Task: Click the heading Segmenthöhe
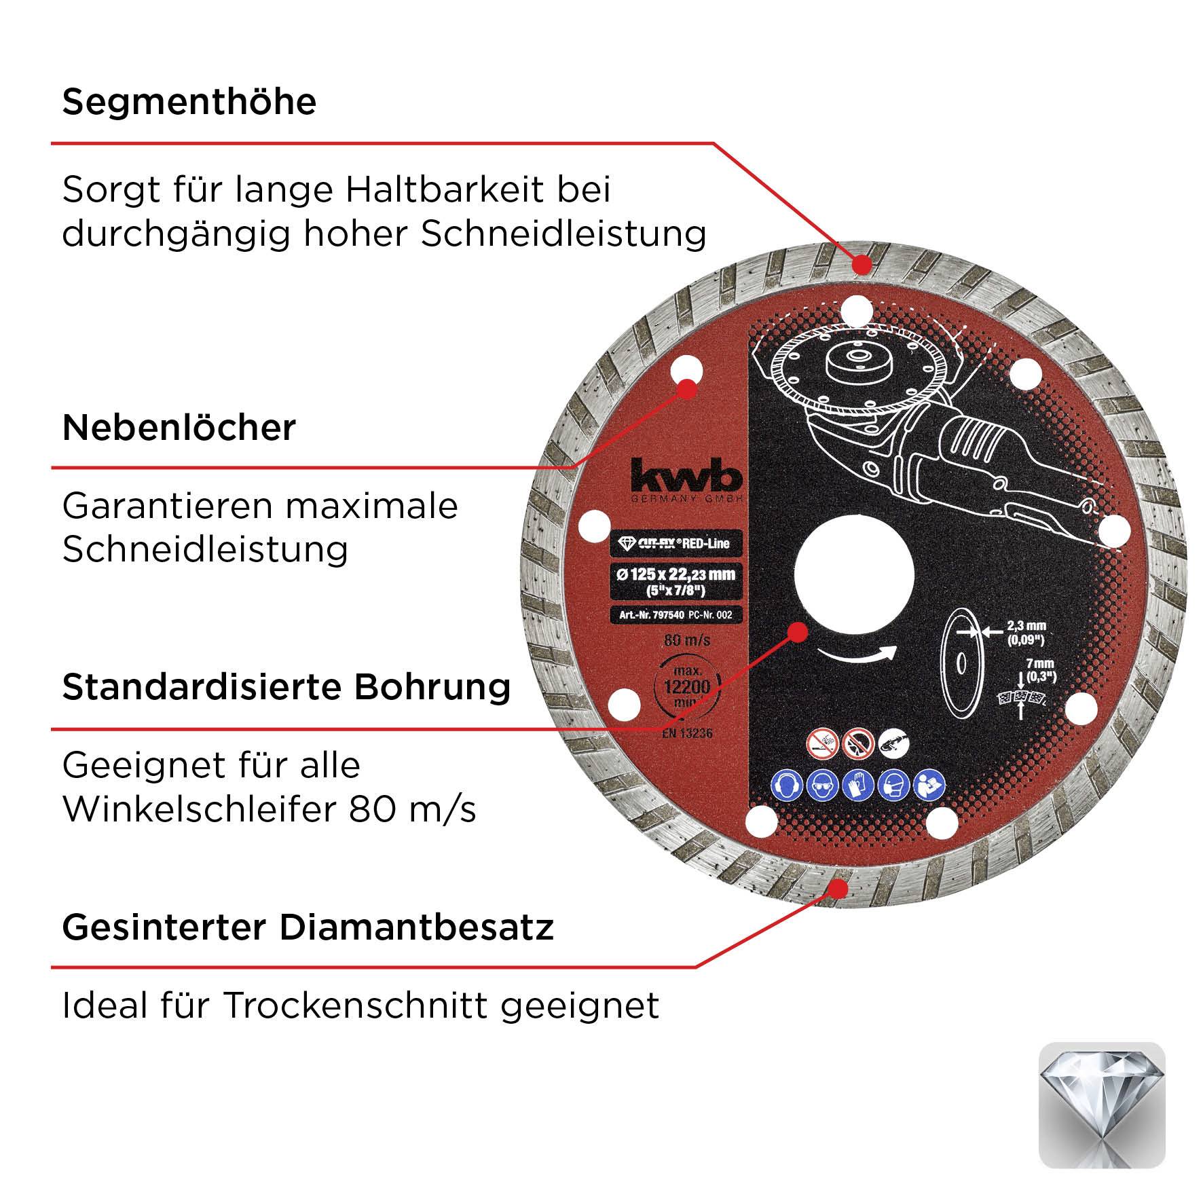click(189, 102)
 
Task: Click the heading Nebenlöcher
click(179, 428)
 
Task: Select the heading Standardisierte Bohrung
click(286, 687)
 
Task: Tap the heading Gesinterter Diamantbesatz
click(308, 927)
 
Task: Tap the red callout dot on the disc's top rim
click(862, 263)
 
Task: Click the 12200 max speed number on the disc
click(686, 687)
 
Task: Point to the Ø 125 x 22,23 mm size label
click(675, 574)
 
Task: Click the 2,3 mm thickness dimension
click(1025, 626)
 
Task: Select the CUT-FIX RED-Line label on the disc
click(675, 543)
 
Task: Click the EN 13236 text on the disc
click(686, 733)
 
